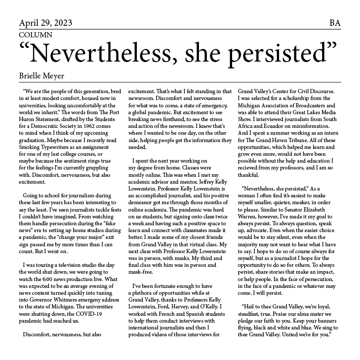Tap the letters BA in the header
(335, 23)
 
